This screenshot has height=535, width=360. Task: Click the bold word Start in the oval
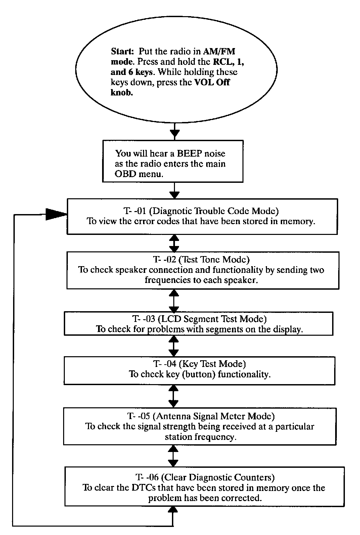[x=122, y=51]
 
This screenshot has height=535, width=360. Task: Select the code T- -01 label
[x=135, y=211]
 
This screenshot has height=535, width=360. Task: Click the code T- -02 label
[x=164, y=259]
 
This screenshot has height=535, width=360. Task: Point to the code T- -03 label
[x=144, y=319]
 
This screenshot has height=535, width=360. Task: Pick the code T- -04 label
[x=165, y=364]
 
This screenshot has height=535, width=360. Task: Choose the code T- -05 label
[x=139, y=416]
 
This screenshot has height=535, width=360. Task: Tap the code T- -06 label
[x=147, y=477]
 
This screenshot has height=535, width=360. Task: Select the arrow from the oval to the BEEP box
[x=175, y=132]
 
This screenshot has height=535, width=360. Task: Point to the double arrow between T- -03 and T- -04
[x=174, y=346]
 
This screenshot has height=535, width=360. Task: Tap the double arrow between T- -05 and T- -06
[x=173, y=456]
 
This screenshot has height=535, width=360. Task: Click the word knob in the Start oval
[x=122, y=92]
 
